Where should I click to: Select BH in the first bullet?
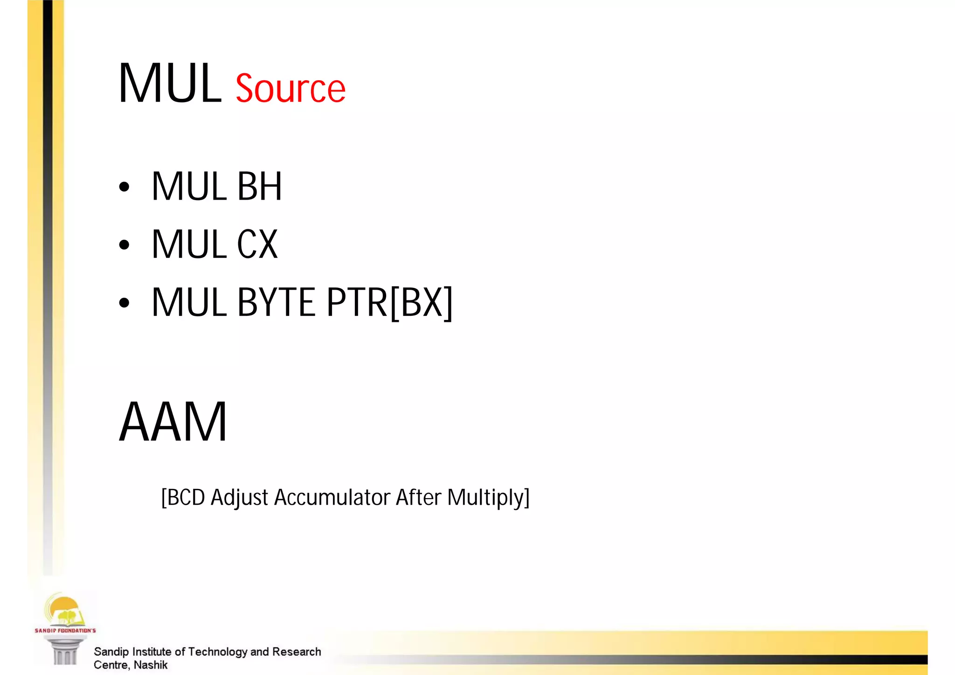pyautogui.click(x=259, y=187)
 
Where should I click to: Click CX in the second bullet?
pyautogui.click(x=257, y=244)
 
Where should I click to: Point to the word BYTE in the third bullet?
pyautogui.click(x=276, y=302)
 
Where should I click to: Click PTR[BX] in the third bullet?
pyautogui.click(x=389, y=302)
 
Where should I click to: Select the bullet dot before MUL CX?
pyautogui.click(x=124, y=245)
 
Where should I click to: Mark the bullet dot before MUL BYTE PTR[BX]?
pyautogui.click(x=124, y=303)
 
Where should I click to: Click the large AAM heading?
pyautogui.click(x=173, y=422)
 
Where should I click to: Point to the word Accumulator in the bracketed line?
pyautogui.click(x=332, y=497)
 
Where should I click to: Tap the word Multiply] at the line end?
pyautogui.click(x=488, y=497)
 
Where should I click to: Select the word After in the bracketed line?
pyautogui.click(x=418, y=497)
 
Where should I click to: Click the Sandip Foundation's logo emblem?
pyautogui.click(x=64, y=611)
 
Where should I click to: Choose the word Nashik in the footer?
pyautogui.click(x=150, y=665)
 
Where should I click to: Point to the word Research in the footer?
pyautogui.click(x=297, y=652)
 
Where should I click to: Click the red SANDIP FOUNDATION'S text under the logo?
pyautogui.click(x=65, y=631)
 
